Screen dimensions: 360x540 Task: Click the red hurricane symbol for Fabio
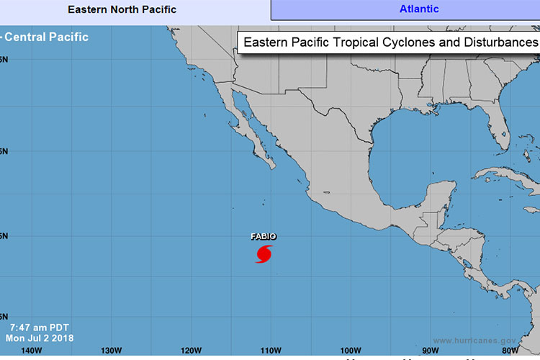[264, 254]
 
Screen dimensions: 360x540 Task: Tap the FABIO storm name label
[264, 236]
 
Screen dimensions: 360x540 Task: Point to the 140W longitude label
[32, 351]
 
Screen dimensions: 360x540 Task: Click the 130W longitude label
[111, 351]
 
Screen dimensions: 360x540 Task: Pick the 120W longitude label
[191, 351]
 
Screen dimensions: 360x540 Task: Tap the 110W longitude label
[270, 351]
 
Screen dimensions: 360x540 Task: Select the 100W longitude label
[350, 351]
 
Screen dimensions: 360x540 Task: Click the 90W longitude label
[430, 351]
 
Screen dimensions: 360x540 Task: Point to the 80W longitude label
[509, 351]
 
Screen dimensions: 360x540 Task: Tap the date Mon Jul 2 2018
[39, 337]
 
